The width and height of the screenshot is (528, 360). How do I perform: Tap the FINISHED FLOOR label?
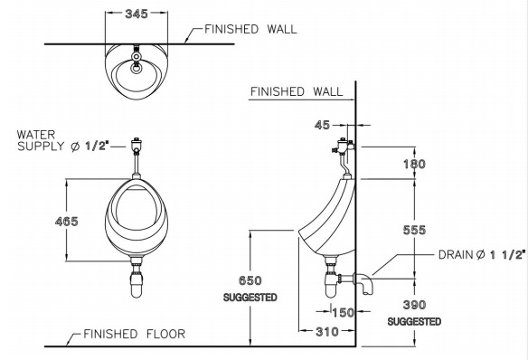click(134, 334)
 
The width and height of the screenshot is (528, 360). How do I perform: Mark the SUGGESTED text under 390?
click(414, 321)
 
